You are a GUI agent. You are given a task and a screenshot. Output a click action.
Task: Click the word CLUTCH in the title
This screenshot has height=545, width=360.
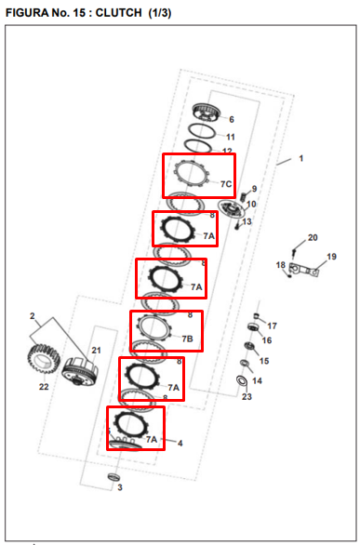(x=118, y=12)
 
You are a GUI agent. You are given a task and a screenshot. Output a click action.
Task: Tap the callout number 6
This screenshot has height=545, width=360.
(x=232, y=120)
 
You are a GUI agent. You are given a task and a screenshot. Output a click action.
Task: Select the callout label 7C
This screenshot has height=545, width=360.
(x=226, y=184)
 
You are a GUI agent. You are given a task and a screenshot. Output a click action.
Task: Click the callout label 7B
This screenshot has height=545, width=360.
(x=187, y=339)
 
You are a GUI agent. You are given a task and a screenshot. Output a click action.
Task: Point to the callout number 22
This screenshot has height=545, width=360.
(x=44, y=387)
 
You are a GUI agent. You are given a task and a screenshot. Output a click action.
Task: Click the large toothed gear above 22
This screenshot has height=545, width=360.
(x=44, y=359)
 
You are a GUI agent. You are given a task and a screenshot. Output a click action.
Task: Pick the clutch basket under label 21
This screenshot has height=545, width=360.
(x=80, y=371)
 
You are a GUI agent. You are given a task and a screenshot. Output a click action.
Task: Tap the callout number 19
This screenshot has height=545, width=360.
(x=331, y=257)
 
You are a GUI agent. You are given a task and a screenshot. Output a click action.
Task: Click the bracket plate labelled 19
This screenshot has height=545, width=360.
(x=304, y=270)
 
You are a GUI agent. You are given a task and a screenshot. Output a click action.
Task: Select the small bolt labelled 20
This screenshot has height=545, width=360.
(x=294, y=252)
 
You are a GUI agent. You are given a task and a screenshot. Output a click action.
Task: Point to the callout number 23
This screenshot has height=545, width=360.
(x=247, y=396)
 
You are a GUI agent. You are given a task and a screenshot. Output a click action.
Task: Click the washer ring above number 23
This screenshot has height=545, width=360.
(x=242, y=380)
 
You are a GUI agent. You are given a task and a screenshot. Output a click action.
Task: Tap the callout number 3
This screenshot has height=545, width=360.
(x=120, y=487)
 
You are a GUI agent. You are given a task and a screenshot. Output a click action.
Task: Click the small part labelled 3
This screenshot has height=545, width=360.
(x=113, y=476)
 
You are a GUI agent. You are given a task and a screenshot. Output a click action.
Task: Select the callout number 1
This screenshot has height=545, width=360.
(x=301, y=158)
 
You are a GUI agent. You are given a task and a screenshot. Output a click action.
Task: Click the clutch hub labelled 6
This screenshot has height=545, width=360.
(x=207, y=112)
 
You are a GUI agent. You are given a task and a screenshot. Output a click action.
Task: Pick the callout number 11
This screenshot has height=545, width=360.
(x=231, y=137)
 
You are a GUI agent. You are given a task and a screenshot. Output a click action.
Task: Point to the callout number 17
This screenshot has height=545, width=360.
(x=272, y=326)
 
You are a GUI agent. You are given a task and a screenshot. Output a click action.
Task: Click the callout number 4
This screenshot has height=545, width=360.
(x=180, y=443)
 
